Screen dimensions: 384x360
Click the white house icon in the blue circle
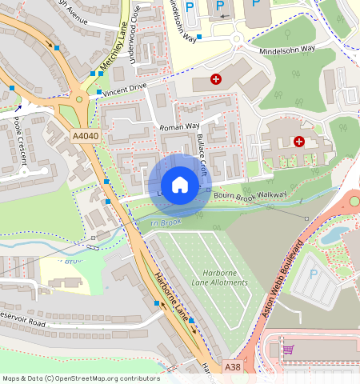pos(180,185)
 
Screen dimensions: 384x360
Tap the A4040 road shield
pos(85,137)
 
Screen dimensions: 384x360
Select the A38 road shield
pos(232,366)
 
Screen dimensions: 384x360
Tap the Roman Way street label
pos(179,126)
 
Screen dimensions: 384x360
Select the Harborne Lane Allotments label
pos(220,278)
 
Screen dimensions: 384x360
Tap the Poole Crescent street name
pos(20,143)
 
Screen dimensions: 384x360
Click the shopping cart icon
pos(288,350)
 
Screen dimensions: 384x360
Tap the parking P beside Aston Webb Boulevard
pos(314,274)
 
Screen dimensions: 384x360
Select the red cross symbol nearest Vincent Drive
pos(215,79)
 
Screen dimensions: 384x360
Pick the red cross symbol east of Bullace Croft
pos(299,142)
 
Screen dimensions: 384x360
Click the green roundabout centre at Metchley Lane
pos(79,100)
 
